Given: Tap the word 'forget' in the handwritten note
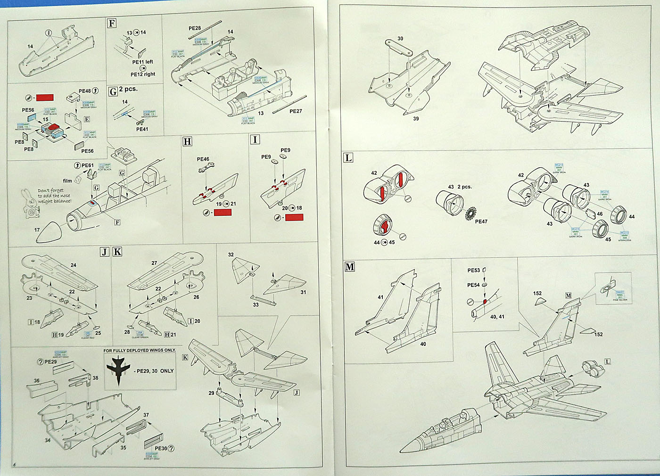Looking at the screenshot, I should point(58,190).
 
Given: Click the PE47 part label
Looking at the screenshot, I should point(481,222).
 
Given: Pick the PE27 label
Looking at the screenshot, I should point(296,111).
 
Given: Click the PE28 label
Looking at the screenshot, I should point(195,28).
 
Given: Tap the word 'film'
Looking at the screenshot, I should point(67,181).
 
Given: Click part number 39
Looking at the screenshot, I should point(416,118).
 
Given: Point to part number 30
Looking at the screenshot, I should point(400,39).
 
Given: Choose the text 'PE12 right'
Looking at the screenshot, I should point(143,74).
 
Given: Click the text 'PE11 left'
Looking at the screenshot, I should point(142,62).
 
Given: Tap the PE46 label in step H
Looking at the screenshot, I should point(203,159).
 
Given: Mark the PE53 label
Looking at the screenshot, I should point(473,271).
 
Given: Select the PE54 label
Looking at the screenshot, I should point(473,285).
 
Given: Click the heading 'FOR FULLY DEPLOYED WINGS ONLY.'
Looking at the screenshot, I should point(140,350).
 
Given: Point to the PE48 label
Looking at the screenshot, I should point(85,91).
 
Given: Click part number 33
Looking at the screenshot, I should point(256,304).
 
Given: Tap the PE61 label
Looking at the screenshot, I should point(88,165).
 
